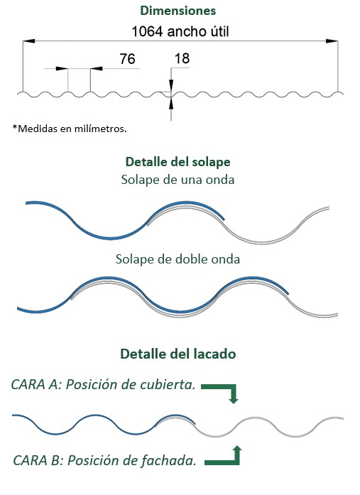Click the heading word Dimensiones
(x=178, y=11)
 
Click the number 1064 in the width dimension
(x=147, y=31)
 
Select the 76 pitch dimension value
(x=127, y=59)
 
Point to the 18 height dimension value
(x=182, y=58)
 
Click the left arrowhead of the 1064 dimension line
(x=28, y=41)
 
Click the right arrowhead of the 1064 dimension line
(x=332, y=41)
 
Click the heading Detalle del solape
(x=178, y=162)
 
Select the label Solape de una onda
(x=178, y=180)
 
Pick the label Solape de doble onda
(x=178, y=259)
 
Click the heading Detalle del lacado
(x=178, y=354)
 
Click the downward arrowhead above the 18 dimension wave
(x=171, y=85)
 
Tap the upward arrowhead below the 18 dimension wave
(x=171, y=104)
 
